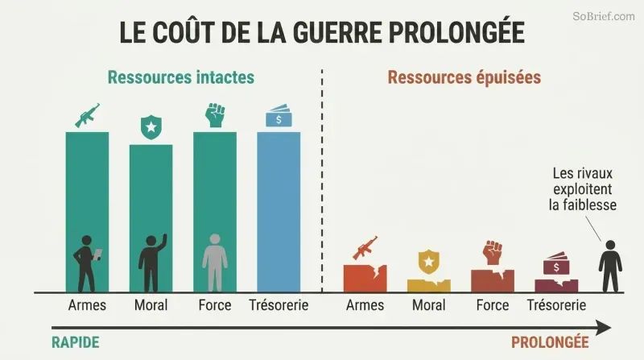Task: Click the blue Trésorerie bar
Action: pyautogui.click(x=279, y=212)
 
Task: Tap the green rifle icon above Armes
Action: pyautogui.click(x=87, y=115)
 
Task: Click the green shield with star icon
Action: pyautogui.click(x=151, y=127)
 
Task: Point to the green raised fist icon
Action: pyautogui.click(x=215, y=115)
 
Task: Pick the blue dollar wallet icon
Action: pyautogui.click(x=279, y=116)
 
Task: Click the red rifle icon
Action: pyautogui.click(x=365, y=247)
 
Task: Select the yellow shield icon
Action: pyautogui.click(x=429, y=262)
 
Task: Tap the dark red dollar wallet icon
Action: pyautogui.click(x=556, y=263)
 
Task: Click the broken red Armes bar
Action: pyautogui.click(x=365, y=279)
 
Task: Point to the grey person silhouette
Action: pyautogui.click(x=215, y=263)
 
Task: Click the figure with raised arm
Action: pyautogui.click(x=152, y=263)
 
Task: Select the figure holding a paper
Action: pyautogui.click(x=87, y=263)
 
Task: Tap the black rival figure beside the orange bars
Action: pyautogui.click(x=610, y=267)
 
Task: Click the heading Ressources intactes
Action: pyautogui.click(x=181, y=77)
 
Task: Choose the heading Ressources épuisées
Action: pyautogui.click(x=464, y=77)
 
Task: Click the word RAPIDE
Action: pyautogui.click(x=76, y=342)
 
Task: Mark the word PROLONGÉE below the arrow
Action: pyautogui.click(x=550, y=342)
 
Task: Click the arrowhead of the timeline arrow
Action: pyautogui.click(x=604, y=328)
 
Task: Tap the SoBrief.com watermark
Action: pyautogui.click(x=604, y=16)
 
